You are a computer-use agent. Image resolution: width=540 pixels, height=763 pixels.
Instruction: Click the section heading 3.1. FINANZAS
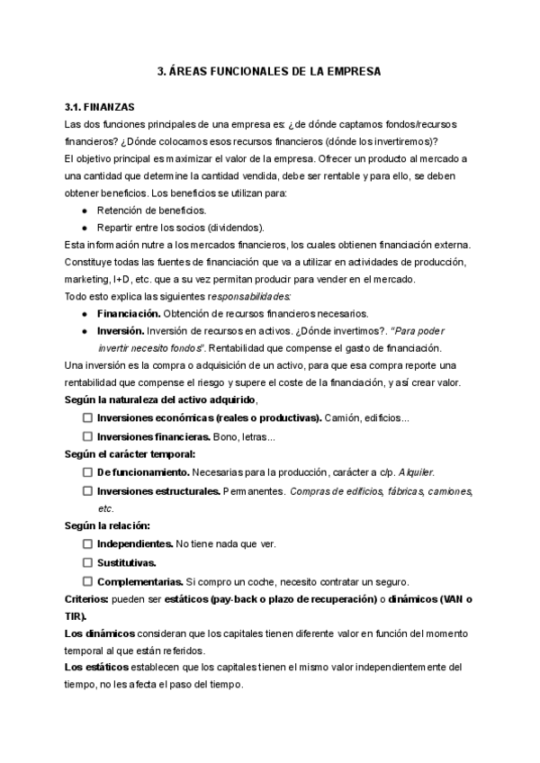[95, 106]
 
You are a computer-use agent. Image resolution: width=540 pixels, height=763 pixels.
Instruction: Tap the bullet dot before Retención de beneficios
[84, 211]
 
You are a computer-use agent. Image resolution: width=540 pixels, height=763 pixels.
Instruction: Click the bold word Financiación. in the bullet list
[130, 314]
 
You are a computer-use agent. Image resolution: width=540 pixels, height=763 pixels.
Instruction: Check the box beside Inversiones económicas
[87, 418]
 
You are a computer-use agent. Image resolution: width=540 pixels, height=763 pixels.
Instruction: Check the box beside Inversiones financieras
[87, 436]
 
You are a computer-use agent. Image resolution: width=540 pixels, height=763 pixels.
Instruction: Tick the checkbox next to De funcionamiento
[87, 471]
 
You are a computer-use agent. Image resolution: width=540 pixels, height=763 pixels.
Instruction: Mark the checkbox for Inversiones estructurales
[87, 491]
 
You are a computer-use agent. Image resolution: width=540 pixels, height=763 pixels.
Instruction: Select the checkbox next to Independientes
[87, 544]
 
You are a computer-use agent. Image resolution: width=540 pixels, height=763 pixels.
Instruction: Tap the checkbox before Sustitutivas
[87, 562]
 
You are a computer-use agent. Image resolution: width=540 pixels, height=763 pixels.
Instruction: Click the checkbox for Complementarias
[87, 580]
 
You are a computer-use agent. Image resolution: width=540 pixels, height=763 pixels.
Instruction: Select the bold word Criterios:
[87, 598]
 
